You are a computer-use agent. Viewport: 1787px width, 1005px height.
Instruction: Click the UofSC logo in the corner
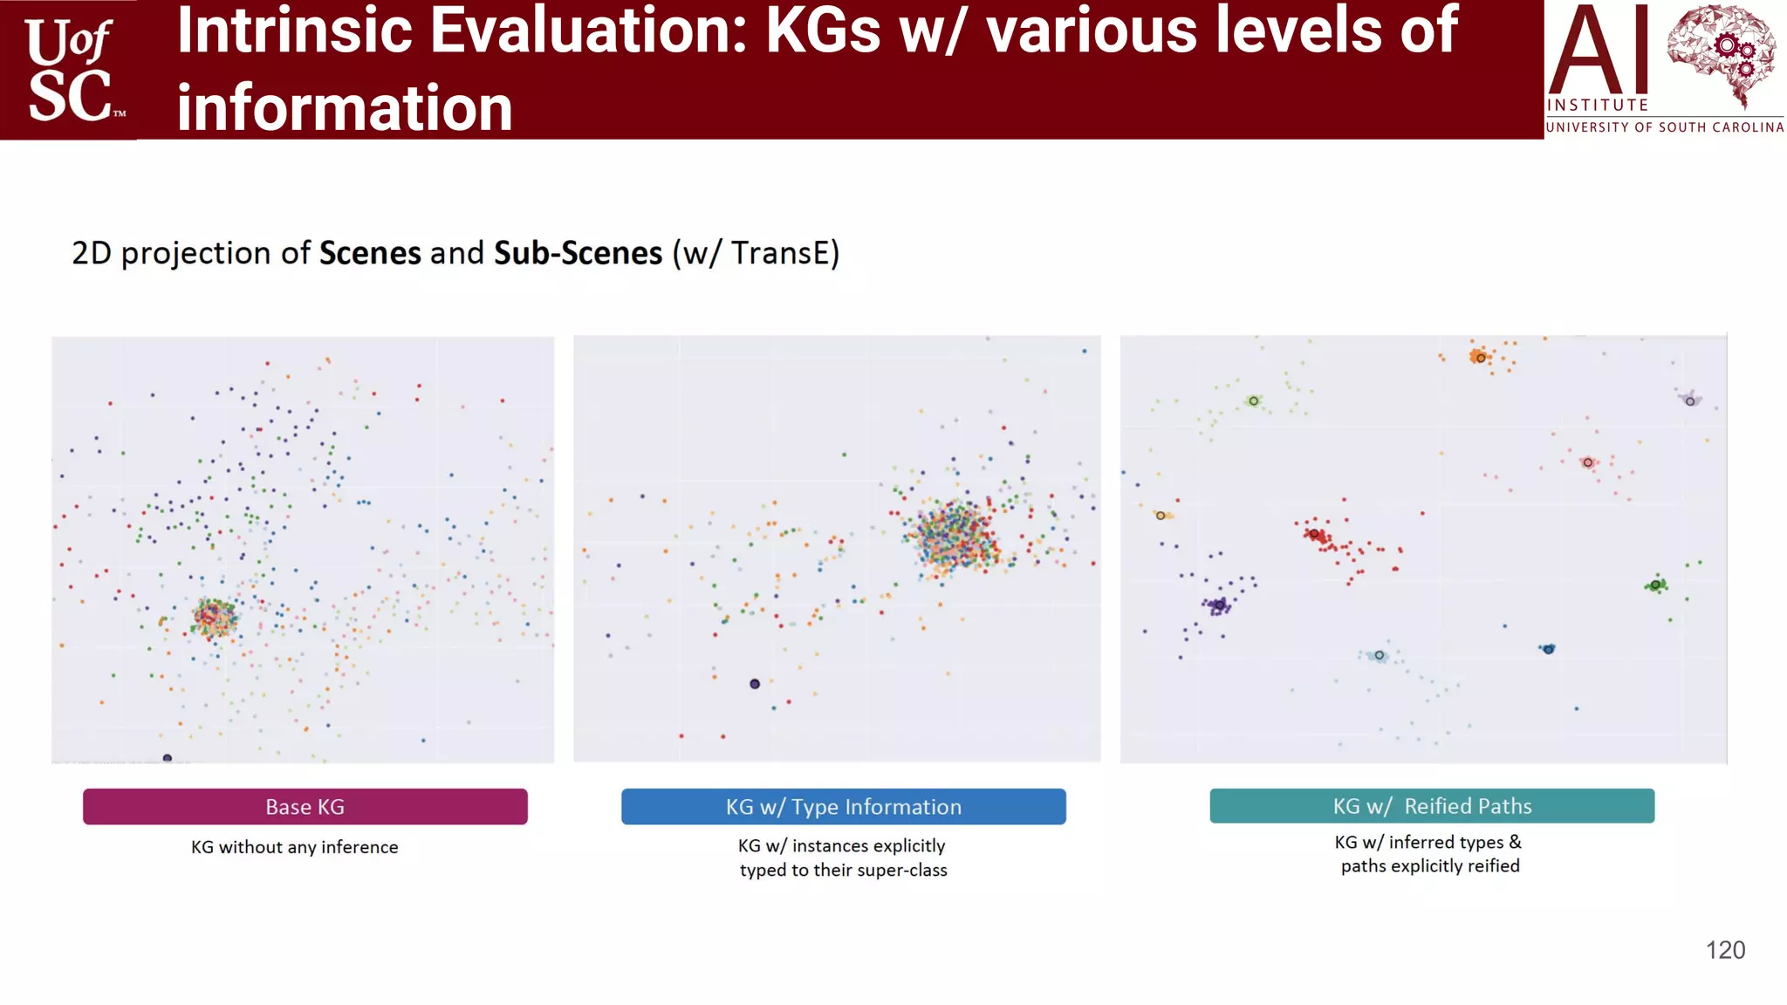70,70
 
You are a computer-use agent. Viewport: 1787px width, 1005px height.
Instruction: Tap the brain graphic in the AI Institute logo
1721,54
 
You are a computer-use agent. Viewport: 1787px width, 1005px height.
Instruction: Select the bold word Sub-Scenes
578,253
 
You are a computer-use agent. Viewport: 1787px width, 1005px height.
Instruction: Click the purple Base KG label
305,806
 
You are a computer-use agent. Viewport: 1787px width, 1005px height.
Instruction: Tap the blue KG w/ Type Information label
843,806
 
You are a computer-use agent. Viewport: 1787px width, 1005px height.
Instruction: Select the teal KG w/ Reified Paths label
1431,805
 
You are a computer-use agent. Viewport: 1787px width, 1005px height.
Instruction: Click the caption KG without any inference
294,847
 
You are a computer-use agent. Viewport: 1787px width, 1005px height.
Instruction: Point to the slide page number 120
1725,950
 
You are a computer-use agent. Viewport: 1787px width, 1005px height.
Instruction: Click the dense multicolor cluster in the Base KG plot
214,618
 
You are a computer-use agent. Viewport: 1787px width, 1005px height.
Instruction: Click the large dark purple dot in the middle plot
755,684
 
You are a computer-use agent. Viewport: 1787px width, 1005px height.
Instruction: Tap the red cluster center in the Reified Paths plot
1314,534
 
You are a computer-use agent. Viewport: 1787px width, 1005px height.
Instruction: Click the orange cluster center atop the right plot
1480,358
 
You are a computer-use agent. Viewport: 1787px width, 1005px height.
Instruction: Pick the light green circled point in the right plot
1253,401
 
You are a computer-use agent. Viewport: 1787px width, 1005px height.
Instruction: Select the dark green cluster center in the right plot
1655,585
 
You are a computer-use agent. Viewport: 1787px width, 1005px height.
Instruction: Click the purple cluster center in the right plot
1219,604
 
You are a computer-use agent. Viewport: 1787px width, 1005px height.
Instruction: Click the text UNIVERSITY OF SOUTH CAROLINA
1664,127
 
